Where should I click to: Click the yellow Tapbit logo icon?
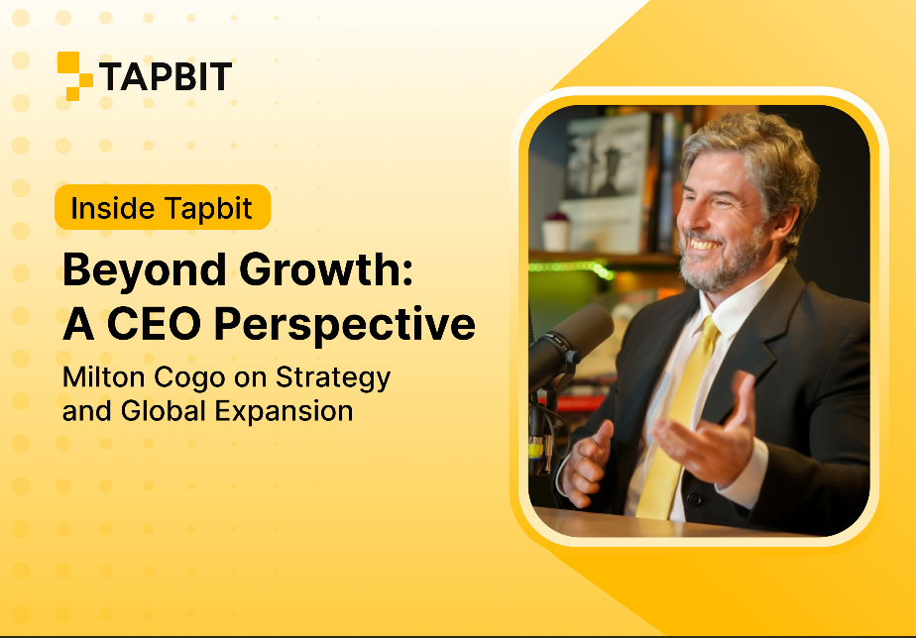tap(74, 76)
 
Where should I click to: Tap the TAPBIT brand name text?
tap(166, 76)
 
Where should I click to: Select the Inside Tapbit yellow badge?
tap(163, 207)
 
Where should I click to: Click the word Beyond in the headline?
tap(145, 270)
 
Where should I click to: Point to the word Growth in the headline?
tap(326, 269)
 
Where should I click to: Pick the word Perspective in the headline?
tap(345, 325)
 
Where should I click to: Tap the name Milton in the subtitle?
tap(103, 376)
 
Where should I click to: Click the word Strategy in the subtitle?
tap(333, 378)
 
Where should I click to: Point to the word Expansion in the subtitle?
tap(284, 411)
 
